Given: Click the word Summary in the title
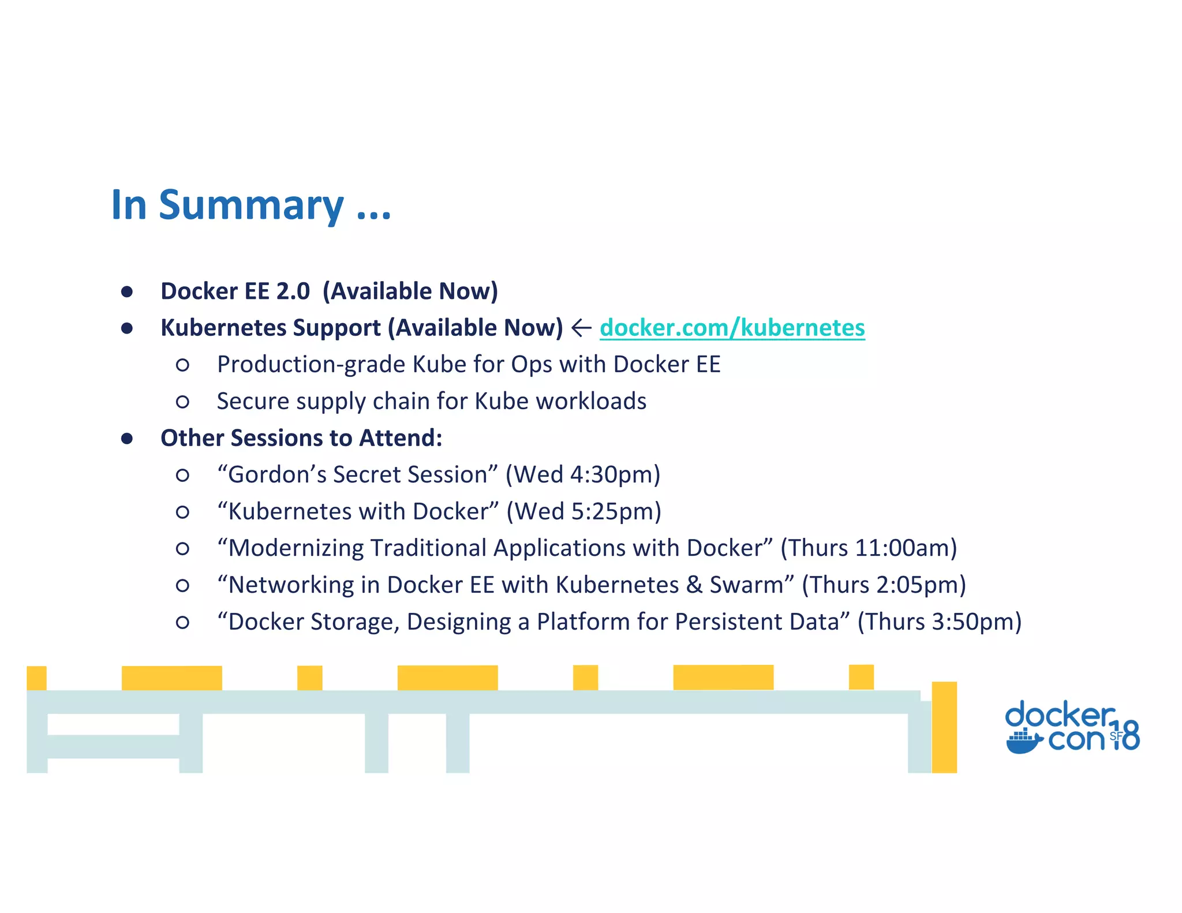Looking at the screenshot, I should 251,206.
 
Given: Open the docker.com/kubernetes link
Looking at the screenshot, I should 732,328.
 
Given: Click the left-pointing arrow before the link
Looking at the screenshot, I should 581,328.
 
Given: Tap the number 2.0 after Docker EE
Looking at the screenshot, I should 293,291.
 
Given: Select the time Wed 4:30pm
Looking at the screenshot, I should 583,475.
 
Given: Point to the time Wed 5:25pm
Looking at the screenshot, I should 583,512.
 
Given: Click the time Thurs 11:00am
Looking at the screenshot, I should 869,548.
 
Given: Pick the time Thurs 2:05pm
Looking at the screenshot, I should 884,585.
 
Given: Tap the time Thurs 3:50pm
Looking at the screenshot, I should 939,622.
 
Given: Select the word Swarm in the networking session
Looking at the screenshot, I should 746,585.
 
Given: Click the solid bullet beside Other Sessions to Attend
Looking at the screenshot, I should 127,439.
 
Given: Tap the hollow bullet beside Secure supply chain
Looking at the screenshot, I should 182,402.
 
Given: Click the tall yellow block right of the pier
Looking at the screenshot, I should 944,727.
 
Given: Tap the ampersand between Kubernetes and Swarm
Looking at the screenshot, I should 694,585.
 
